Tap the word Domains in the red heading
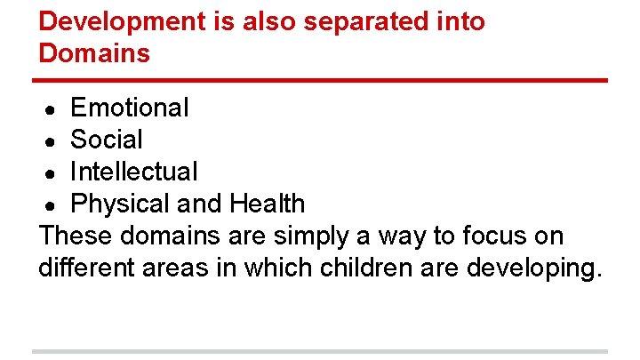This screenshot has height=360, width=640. tap(94, 53)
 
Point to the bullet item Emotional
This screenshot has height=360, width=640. tap(130, 108)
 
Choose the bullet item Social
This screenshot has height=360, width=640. tap(106, 140)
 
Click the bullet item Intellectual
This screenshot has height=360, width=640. tap(133, 172)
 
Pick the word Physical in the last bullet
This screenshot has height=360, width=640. tap(121, 204)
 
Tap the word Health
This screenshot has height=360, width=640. tap(267, 204)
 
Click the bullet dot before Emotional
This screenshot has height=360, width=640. tap(52, 109)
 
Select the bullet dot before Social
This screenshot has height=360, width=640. tap(52, 141)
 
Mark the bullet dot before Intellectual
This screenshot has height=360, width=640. tap(52, 173)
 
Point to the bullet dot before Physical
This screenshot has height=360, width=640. tap(52, 205)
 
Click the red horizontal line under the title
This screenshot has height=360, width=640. tap(320, 81)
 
